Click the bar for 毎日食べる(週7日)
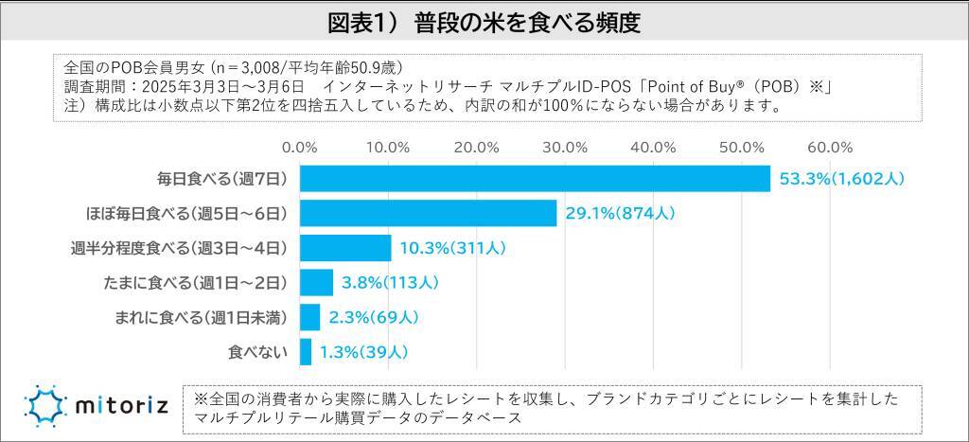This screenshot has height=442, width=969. click(535, 179)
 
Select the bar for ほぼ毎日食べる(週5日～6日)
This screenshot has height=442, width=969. click(428, 213)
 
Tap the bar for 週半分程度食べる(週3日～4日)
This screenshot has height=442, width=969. click(345, 248)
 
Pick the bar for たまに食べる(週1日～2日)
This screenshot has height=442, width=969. click(316, 282)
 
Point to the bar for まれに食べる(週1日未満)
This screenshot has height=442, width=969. click(309, 316)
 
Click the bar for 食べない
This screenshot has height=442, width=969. click(306, 351)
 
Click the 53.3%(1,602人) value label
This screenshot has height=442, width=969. click(842, 179)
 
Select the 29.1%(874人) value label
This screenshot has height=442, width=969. click(620, 213)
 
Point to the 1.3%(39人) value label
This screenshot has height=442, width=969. click(363, 351)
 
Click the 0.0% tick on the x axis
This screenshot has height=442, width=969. click(300, 147)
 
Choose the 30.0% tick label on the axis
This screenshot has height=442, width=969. click(565, 147)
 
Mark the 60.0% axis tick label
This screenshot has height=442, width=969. click(830, 147)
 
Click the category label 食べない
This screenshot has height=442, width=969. click(255, 351)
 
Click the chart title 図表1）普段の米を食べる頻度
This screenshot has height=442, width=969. click(484, 23)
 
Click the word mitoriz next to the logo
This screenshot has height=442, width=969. click(117, 408)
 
